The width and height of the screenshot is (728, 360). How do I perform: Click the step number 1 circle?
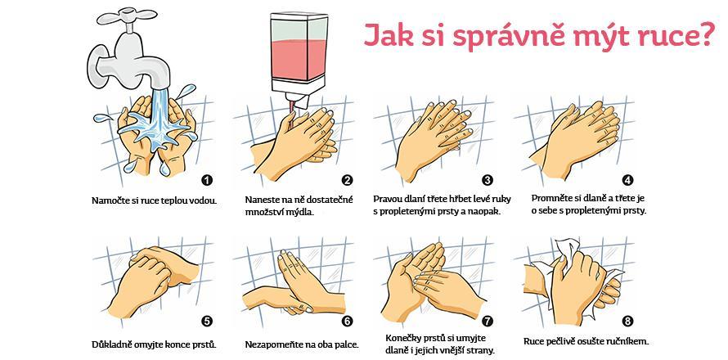click(207, 180)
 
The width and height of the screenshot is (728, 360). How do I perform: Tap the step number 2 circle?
click(347, 180)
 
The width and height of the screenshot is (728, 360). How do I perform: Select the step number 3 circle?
click(488, 180)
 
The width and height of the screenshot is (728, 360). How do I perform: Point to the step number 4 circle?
click(627, 180)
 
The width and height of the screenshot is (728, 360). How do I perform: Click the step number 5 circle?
click(207, 322)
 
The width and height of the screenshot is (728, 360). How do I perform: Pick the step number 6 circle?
click(347, 322)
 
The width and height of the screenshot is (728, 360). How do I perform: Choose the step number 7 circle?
click(488, 322)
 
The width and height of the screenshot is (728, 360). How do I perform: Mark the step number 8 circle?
click(627, 322)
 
